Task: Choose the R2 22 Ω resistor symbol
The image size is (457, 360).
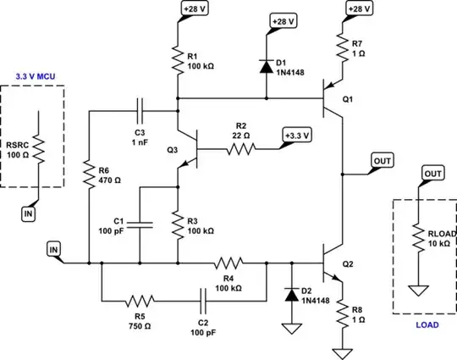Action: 240,150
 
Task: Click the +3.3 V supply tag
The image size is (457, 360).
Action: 296,135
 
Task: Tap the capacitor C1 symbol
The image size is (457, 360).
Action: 141,224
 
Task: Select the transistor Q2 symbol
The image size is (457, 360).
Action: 328,263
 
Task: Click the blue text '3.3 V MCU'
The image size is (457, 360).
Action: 36,75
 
